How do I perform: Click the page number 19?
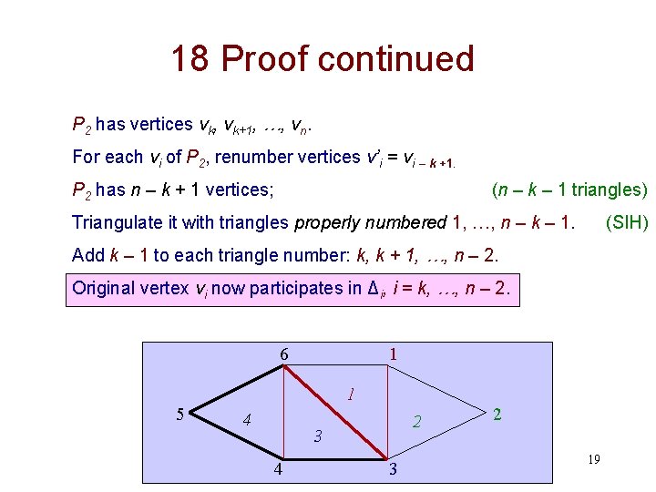coord(593,460)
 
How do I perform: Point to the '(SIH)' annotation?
coord(627,222)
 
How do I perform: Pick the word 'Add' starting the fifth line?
coord(87,255)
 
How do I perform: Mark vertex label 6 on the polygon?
coord(284,354)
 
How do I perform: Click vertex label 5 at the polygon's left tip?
coord(180,415)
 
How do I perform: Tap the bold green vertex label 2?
coord(497,415)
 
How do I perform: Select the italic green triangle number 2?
coord(416,421)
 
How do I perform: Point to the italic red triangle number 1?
coord(350,395)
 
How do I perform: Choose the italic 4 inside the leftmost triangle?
coord(246,421)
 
